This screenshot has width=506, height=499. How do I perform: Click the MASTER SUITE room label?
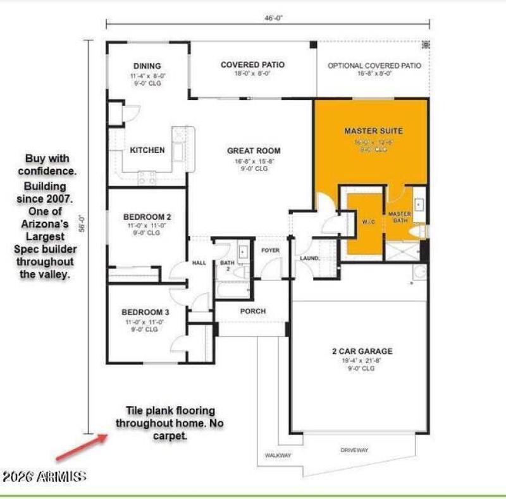coord(373,131)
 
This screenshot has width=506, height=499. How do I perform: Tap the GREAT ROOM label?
coord(254,151)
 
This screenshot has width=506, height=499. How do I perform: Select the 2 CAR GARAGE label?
coord(362,351)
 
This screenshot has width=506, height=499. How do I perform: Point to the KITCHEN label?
coord(147,150)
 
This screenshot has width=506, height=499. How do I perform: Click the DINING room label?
coord(147,66)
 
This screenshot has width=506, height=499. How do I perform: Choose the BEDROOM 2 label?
coord(147,217)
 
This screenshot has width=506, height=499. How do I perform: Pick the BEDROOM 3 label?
coord(145,312)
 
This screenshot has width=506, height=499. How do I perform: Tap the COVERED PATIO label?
coord(252,64)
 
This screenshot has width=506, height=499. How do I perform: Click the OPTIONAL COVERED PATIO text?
coord(374,65)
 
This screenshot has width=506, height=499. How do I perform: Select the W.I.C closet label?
coord(366,221)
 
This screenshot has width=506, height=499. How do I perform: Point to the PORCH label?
coord(253,311)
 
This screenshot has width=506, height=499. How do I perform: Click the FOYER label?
coord(270,251)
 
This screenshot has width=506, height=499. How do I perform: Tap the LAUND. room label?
coord(309,258)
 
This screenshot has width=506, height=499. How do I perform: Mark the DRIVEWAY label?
coord(354,450)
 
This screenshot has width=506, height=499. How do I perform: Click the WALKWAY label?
coord(277,455)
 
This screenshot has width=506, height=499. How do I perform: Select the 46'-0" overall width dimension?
coord(273,18)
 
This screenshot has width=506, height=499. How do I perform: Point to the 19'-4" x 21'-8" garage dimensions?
coord(362,361)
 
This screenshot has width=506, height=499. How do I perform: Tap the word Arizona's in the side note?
coord(44,224)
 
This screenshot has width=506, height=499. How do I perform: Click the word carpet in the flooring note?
coord(170,436)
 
